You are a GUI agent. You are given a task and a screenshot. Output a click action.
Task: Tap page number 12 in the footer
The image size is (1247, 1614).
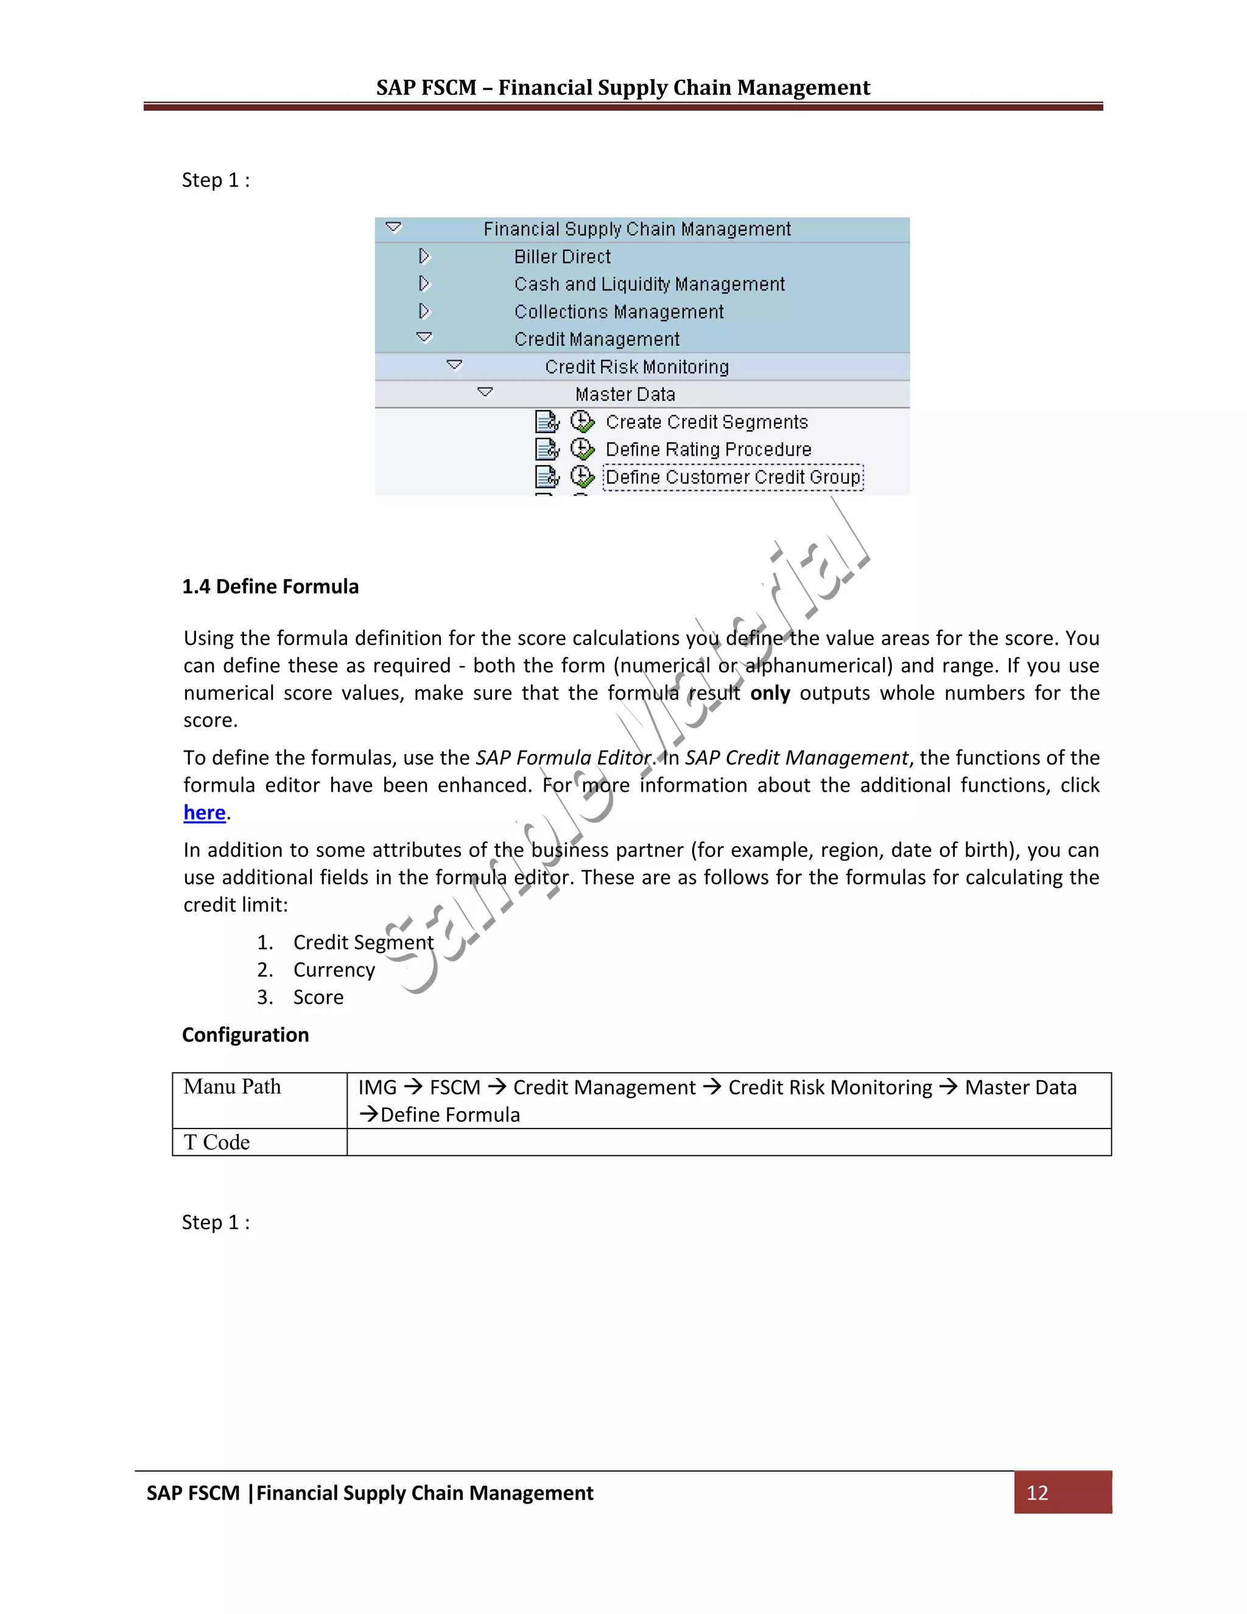[1036, 1492]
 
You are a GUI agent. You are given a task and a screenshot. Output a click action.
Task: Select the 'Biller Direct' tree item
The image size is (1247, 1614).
[562, 256]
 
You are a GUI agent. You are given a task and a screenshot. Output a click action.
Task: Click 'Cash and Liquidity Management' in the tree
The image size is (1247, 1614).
[648, 284]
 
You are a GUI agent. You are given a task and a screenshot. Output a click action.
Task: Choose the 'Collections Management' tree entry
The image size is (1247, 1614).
[619, 312]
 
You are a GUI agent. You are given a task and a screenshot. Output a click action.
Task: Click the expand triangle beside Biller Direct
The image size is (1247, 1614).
[424, 256]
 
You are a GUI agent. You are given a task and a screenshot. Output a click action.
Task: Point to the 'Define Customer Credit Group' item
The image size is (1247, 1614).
[733, 478]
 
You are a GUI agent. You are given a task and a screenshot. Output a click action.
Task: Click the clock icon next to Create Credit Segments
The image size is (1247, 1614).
[582, 422]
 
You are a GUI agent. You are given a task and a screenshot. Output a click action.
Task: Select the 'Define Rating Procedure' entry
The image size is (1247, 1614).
[708, 449]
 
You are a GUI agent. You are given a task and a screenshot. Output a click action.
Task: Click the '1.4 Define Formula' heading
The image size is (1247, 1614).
[270, 586]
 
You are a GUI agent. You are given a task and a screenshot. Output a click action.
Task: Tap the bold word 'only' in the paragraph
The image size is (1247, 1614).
[770, 693]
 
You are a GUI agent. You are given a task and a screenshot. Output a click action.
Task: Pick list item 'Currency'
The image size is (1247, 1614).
[334, 970]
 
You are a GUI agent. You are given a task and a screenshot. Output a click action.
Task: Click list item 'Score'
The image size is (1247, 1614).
[318, 997]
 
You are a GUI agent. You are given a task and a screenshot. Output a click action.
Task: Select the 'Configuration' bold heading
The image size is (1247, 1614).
[245, 1035]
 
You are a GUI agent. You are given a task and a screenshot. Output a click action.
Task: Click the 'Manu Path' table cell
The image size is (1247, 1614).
[232, 1087]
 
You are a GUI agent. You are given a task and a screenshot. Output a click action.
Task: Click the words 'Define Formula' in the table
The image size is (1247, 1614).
[450, 1115]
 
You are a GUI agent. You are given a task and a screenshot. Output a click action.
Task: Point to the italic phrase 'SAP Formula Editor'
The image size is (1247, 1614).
[564, 758]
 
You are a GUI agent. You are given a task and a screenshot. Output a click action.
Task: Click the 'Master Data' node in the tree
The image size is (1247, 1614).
[625, 394]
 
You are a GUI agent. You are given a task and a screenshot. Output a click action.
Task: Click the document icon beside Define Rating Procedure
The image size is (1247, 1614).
[547, 449]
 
